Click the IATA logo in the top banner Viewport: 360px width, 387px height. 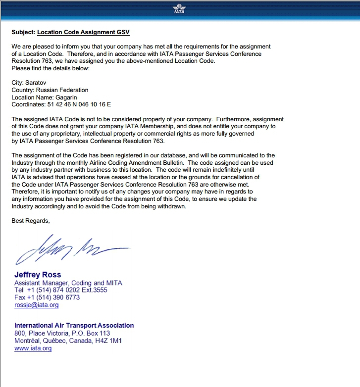click(179, 9)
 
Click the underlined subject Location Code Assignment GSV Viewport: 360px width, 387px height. click(83, 32)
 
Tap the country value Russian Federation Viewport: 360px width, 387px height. click(62, 90)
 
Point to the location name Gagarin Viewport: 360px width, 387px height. click(66, 97)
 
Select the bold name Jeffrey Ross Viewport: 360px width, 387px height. click(38, 275)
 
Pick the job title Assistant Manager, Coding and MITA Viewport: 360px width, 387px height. click(68, 283)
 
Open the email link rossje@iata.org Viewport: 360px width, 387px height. click(37, 305)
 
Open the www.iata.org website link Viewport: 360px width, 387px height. click(33, 348)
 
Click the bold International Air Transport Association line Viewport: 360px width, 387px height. click(74, 326)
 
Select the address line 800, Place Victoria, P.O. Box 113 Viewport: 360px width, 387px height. click(62, 334)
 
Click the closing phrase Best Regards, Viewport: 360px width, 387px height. click(31, 221)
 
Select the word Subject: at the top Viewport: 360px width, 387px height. click(23, 32)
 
